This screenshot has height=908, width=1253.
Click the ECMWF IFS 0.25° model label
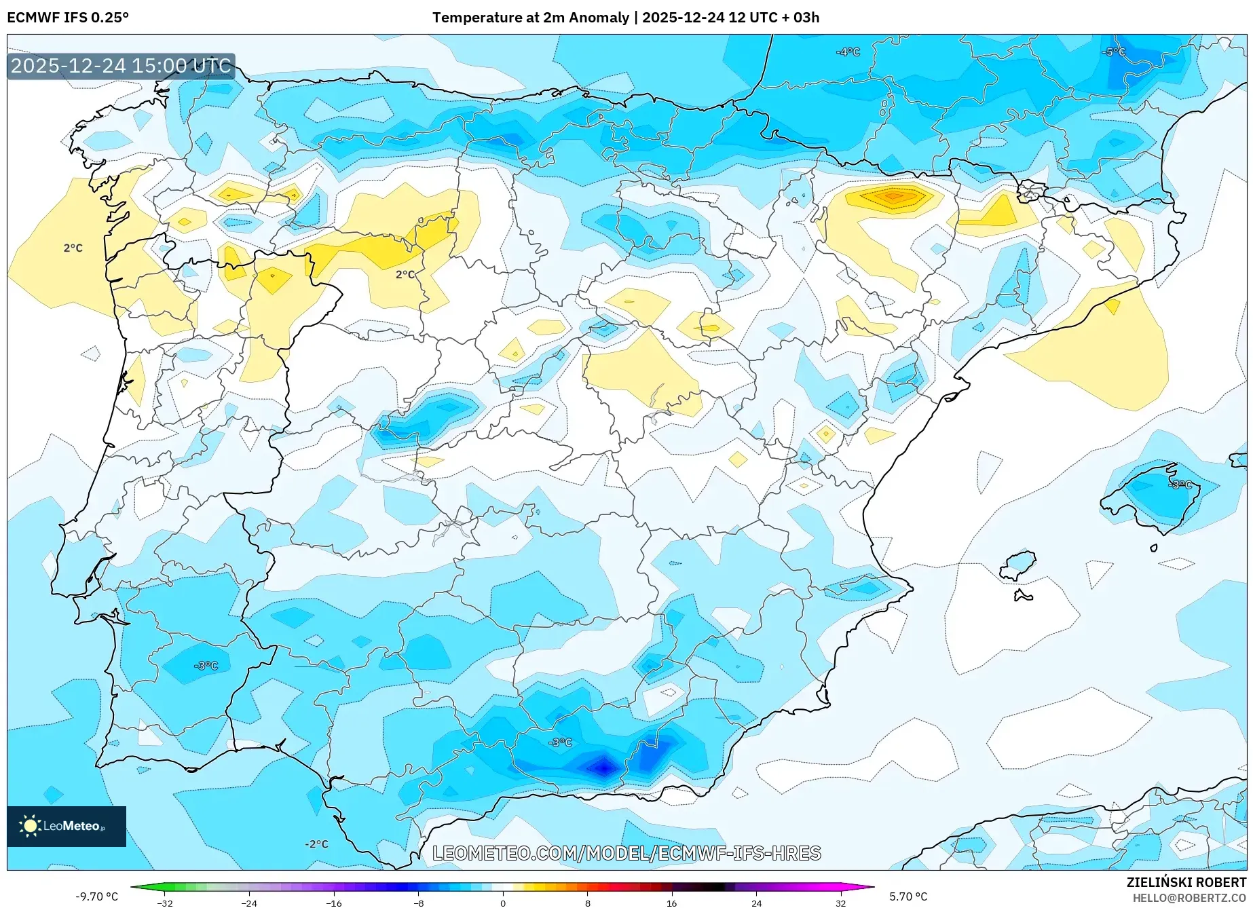(x=68, y=18)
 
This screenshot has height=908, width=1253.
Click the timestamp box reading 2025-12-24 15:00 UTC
(x=121, y=66)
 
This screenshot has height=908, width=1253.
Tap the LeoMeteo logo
(x=67, y=826)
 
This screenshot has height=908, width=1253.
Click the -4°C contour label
(x=848, y=52)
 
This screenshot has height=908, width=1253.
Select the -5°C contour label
(x=1113, y=52)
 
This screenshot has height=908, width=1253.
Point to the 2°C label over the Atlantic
(x=73, y=248)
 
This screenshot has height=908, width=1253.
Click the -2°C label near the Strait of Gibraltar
(x=316, y=844)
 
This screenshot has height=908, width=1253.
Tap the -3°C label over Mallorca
(x=1180, y=485)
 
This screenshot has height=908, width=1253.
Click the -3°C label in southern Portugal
(x=206, y=666)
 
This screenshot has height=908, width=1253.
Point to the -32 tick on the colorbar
(x=165, y=903)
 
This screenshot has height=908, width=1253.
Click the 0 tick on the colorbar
(x=503, y=903)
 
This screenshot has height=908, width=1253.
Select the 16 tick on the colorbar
(x=671, y=903)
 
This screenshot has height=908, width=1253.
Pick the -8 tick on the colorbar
(x=419, y=903)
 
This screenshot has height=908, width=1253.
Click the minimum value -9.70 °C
(x=96, y=896)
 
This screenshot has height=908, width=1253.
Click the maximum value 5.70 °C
(x=908, y=896)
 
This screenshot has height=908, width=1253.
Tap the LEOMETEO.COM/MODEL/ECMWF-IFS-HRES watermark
(x=626, y=853)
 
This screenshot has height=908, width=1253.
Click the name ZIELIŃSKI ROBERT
(x=1186, y=882)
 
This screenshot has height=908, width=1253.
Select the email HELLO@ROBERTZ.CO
(x=1189, y=898)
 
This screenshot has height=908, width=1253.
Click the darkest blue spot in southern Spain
(x=603, y=768)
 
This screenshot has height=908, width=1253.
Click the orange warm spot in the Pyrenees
(x=894, y=197)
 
